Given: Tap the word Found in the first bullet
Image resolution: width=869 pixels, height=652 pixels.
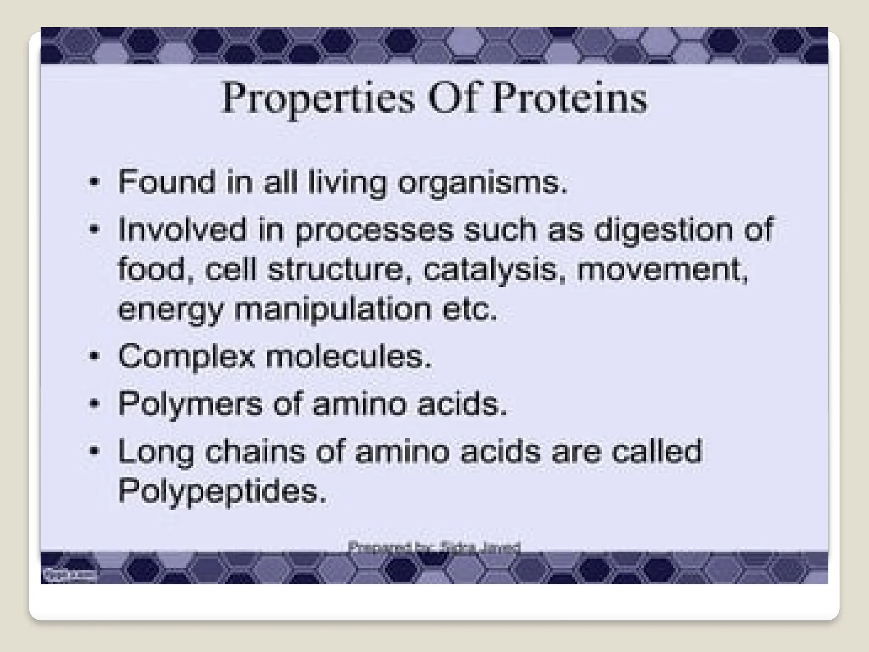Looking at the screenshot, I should (x=166, y=182).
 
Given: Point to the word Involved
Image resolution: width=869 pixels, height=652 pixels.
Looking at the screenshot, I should (x=182, y=229).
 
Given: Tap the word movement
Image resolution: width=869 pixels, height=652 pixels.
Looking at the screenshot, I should (x=662, y=270).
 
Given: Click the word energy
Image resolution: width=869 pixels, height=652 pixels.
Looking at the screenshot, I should (x=170, y=310).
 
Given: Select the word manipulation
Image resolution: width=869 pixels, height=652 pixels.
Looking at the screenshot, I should (x=333, y=310).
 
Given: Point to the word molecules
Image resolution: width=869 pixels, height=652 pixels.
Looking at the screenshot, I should (x=348, y=357).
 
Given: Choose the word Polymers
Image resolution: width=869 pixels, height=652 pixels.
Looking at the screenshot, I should (x=190, y=404).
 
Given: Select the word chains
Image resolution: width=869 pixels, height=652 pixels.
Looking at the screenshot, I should (x=255, y=451).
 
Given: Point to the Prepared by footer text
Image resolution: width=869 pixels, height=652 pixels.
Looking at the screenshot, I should (x=434, y=547).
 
